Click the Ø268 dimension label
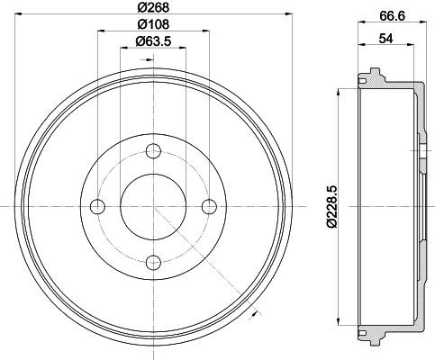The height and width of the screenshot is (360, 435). pos(152,7)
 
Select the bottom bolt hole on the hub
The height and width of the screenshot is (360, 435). pos(152,262)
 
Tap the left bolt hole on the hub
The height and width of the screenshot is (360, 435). pos(97,208)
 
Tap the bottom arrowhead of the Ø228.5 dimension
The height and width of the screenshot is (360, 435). pos(339,324)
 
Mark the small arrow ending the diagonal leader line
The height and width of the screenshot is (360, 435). pos(257,311)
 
